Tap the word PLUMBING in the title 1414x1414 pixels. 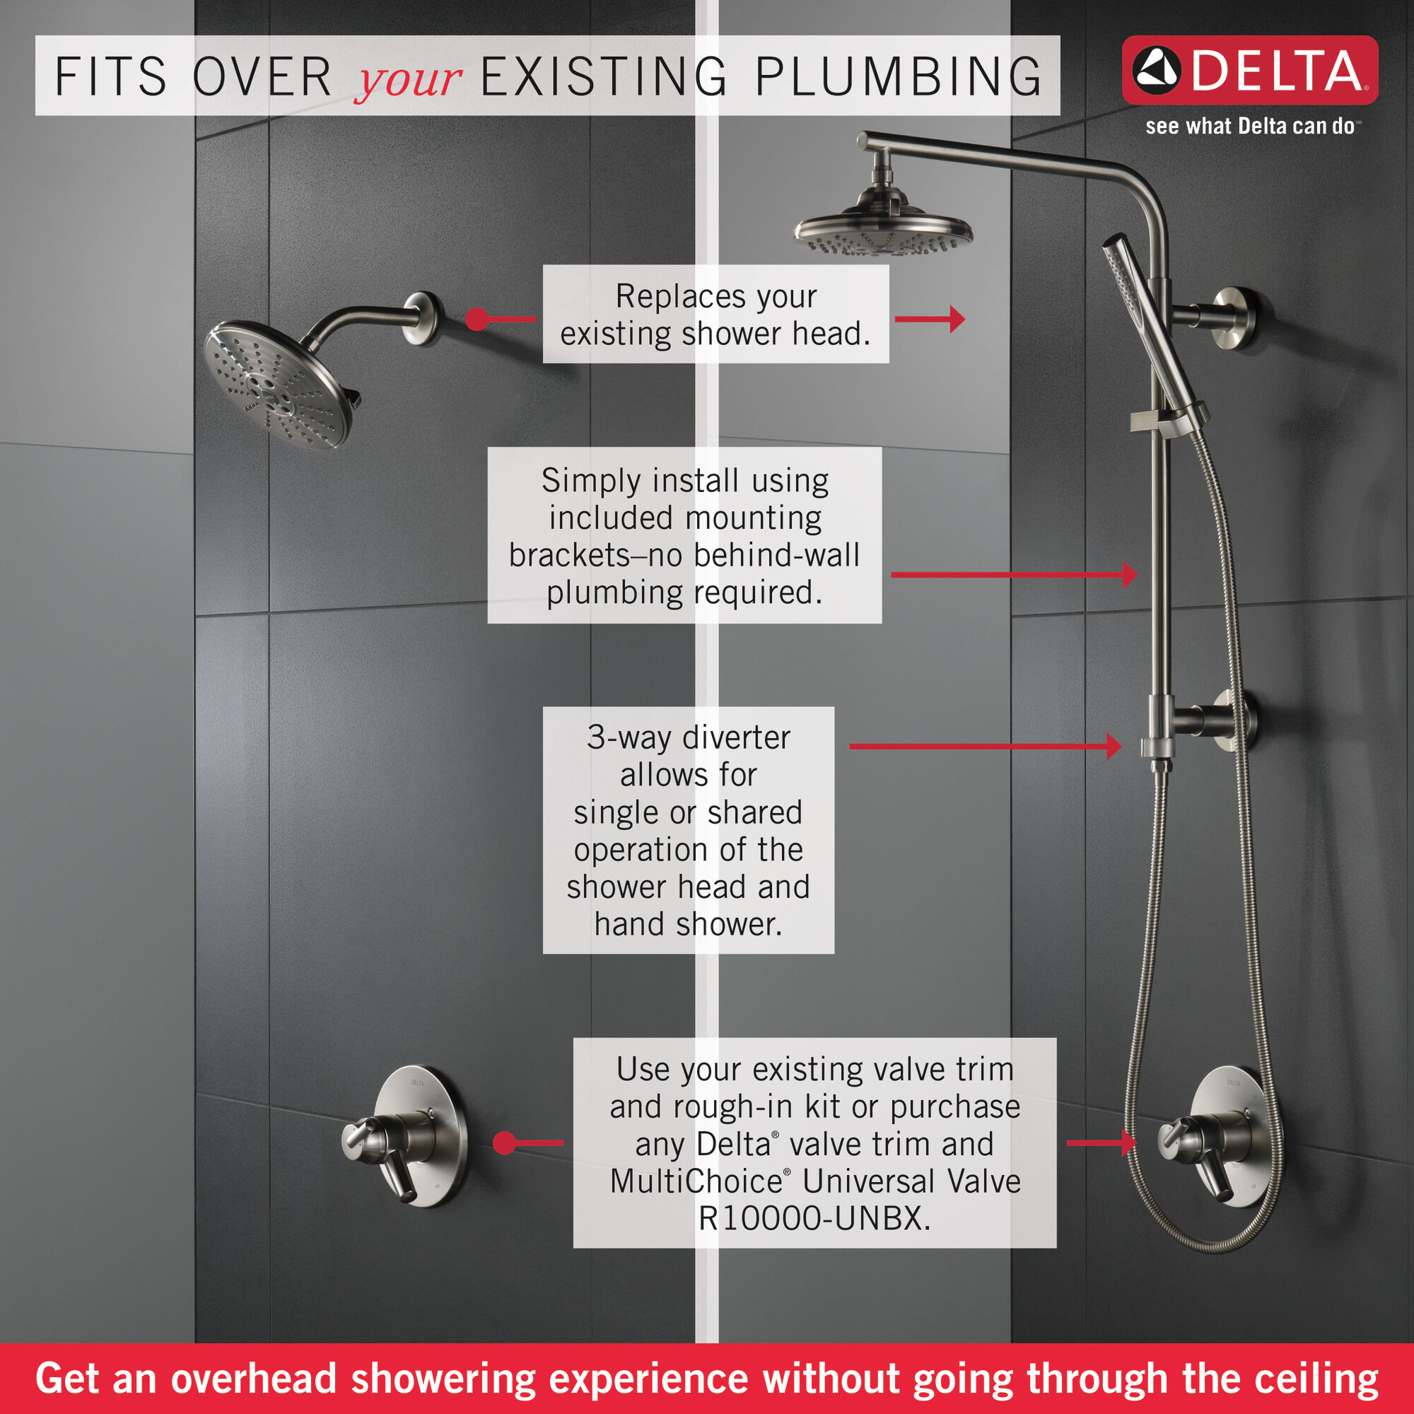pos(898,77)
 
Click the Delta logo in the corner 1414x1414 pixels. pos(1249,70)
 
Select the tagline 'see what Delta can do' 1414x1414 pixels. pos(1249,127)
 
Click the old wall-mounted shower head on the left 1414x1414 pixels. pos(278,383)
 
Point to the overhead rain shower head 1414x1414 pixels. pos(883,233)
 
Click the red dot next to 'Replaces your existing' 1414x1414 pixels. pos(477,319)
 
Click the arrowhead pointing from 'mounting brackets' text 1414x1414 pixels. pos(1130,575)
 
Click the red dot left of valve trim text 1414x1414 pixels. pos(504,1143)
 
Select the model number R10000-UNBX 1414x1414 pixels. pos(814,1219)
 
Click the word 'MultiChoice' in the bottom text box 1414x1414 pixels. pos(696,1181)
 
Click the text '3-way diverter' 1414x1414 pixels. pos(688,737)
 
